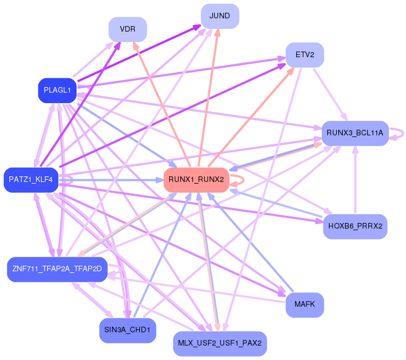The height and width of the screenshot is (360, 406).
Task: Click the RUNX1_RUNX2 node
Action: coord(196,180)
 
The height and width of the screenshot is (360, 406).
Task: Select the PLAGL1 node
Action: coord(57,90)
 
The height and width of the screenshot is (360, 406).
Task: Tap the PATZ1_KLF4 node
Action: coord(31,180)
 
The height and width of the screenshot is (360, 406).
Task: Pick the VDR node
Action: coord(128,29)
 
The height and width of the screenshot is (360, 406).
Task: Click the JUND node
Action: coord(220,16)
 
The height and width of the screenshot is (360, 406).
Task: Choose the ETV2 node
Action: coord(304,55)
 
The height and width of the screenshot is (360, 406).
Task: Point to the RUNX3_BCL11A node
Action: coord(355,133)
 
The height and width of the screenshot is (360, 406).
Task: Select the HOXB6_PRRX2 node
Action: coord(355,226)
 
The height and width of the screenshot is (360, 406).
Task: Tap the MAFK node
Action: coord(304,305)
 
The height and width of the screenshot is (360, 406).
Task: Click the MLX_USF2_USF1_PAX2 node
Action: coord(220,343)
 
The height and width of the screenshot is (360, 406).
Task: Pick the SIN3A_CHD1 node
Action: coord(127,330)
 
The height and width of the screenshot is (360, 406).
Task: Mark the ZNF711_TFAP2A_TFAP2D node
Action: coord(57,269)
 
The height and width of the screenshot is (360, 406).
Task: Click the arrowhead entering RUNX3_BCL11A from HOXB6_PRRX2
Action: coord(355,150)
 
